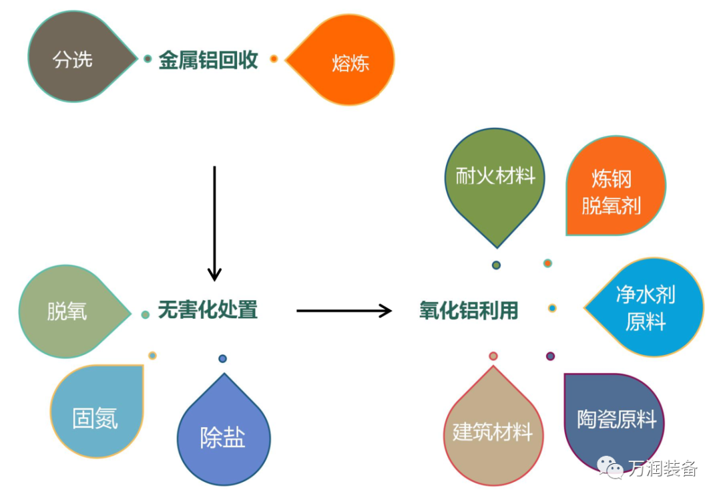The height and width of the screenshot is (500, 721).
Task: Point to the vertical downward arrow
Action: pyautogui.click(x=214, y=223)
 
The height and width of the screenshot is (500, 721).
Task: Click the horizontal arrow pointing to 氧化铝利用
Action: pyautogui.click(x=343, y=310)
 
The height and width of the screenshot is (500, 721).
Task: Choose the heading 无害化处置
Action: pyautogui.click(x=208, y=309)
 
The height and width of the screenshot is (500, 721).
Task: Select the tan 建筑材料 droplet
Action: pyautogui.click(x=493, y=430)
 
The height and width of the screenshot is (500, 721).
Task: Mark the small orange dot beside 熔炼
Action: pyautogui.click(x=274, y=59)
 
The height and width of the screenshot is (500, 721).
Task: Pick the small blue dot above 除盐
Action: pyautogui.click(x=222, y=359)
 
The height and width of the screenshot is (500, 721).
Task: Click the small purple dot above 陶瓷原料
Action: pyautogui.click(x=550, y=356)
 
